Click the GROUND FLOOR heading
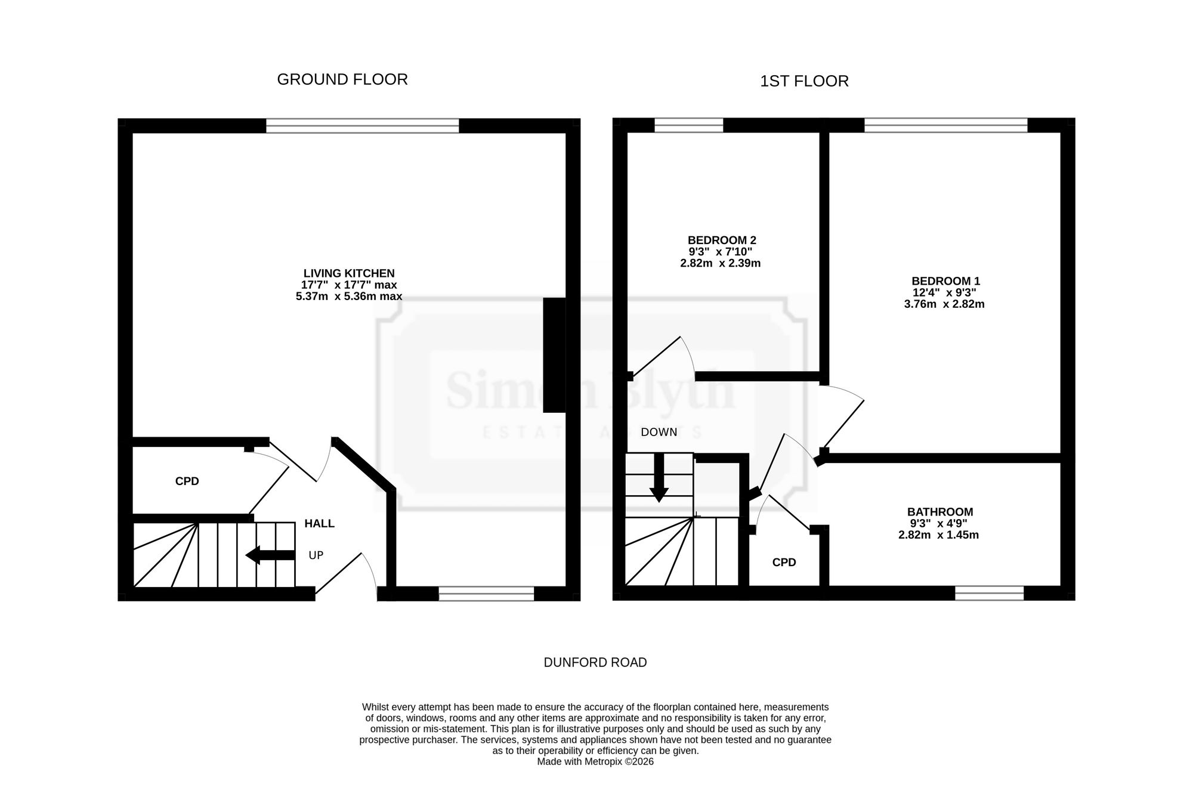(342, 79)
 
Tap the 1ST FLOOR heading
(804, 81)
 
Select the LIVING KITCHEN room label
(349, 274)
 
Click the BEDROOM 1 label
(945, 281)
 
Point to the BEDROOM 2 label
(722, 240)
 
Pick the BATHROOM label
(940, 512)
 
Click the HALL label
(319, 524)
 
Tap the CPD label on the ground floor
(187, 481)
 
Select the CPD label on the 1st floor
(784, 563)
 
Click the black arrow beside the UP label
(270, 555)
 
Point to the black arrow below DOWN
(659, 477)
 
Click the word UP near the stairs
(316, 555)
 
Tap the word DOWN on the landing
(659, 433)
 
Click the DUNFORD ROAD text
(595, 662)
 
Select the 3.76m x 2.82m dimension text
(944, 304)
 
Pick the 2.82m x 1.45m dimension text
(939, 535)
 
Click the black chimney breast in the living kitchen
(554, 355)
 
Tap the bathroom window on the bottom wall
(990, 593)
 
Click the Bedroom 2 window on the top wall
(689, 125)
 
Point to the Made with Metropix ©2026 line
(595, 762)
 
